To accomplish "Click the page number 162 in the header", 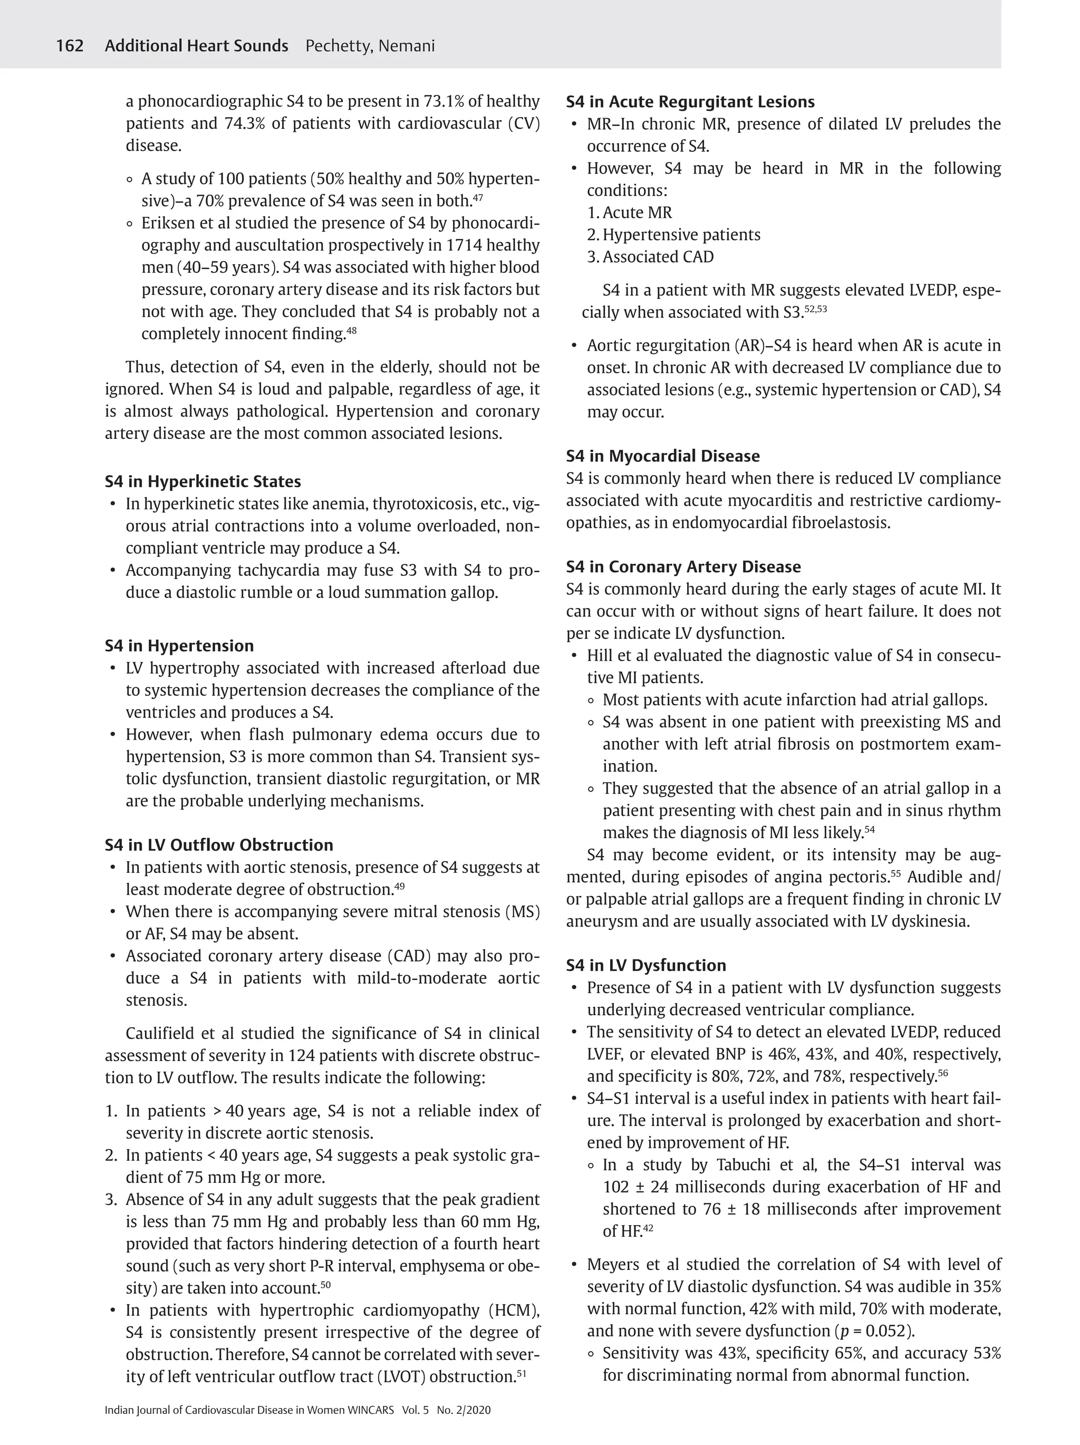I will [69, 46].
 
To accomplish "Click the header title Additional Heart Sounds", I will [196, 46].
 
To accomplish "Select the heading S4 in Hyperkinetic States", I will [202, 481].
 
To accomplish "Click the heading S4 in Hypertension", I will [179, 646].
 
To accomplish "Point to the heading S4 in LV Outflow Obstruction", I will [219, 845].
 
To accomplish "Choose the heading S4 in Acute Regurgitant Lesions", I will [690, 102].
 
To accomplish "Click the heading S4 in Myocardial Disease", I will [662, 456].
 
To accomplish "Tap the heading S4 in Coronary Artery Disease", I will [683, 566].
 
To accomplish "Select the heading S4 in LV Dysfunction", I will [645, 965].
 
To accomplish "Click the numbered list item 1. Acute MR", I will [629, 213].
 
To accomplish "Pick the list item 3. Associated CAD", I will [650, 257].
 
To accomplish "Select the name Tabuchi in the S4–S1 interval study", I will [745, 1165].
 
